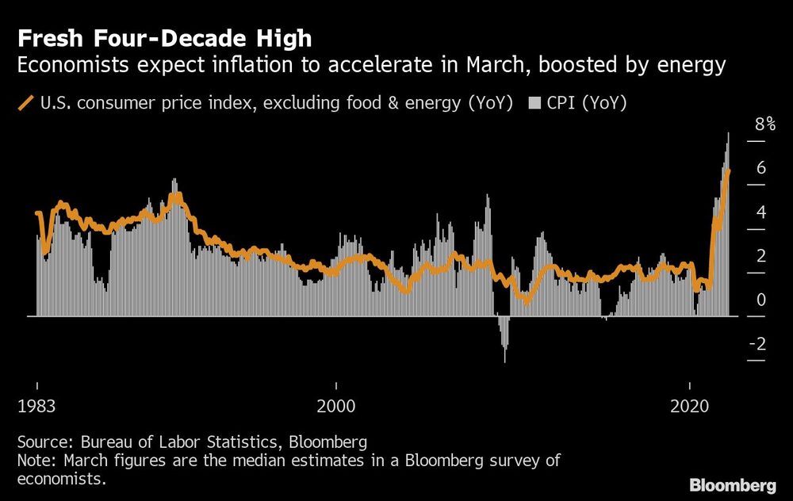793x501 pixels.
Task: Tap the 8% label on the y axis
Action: pos(765,124)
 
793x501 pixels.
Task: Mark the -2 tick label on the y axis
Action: pos(757,344)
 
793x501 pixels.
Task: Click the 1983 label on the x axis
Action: pos(36,407)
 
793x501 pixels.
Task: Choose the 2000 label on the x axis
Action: pos(336,407)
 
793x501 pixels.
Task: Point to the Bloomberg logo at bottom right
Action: pos(734,484)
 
